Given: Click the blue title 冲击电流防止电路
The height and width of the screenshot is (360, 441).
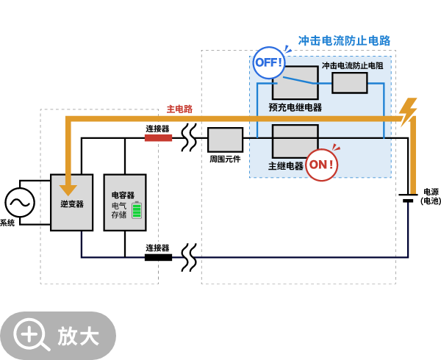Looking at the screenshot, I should coord(344,40).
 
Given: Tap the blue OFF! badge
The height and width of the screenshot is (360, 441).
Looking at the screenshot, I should coord(268,62).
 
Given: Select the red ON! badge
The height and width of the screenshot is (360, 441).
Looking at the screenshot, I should coord(321,165).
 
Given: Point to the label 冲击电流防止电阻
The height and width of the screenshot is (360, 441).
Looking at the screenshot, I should coord(352,65).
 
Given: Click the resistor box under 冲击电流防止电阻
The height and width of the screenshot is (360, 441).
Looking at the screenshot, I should coord(349,83).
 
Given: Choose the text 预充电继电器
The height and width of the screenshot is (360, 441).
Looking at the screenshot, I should coord(295,107).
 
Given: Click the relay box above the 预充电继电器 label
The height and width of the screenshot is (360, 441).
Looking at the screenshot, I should coord(295,83).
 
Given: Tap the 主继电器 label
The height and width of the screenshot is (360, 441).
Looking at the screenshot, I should coord(286,166).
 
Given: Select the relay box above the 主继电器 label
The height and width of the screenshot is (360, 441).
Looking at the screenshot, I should coord(295,140).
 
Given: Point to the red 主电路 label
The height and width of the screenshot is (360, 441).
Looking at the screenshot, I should coord(179,109).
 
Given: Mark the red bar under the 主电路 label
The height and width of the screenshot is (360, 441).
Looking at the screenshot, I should coord(158,137).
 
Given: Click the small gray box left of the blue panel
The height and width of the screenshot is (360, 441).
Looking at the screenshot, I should coord(225,140).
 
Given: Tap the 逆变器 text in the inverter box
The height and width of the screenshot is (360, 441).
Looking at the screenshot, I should coord(72,204).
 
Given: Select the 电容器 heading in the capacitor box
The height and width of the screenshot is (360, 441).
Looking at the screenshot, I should coord(123,195).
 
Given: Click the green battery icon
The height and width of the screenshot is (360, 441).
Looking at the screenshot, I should coord(137,210).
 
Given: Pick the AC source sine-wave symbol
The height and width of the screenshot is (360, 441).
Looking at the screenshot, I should coord(20,202).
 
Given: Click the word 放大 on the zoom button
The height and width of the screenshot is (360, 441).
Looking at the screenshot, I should coord(79,336).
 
